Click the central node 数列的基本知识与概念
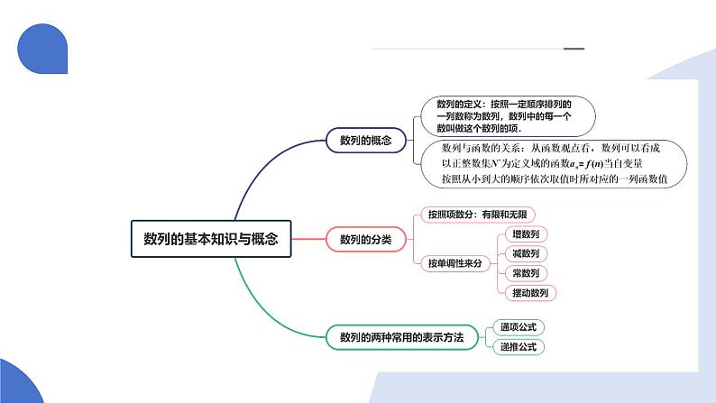coord(211,239)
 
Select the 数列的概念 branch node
coord(366,140)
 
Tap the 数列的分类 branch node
coord(366,239)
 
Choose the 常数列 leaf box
coord(525,273)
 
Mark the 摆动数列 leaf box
coord(530,293)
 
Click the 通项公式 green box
coord(519,327)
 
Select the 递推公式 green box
coord(519,346)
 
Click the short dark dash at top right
coord(574,49)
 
